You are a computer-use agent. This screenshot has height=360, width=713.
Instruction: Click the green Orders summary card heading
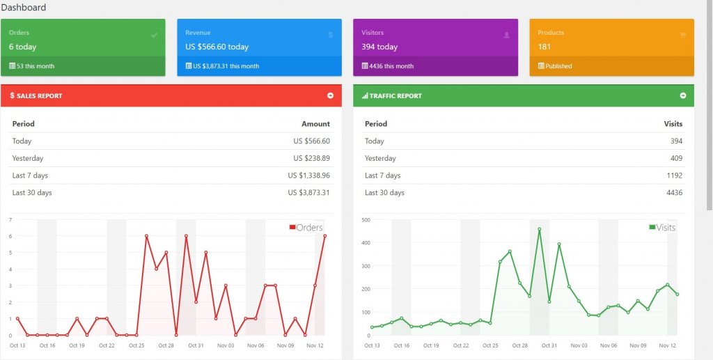coord(19,33)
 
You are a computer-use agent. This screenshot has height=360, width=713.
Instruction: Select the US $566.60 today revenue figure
coord(217,47)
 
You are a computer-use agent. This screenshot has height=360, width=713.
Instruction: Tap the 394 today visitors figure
coord(379,47)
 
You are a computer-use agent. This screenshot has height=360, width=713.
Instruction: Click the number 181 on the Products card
coord(544,47)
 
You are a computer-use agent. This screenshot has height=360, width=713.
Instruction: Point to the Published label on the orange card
coord(558,66)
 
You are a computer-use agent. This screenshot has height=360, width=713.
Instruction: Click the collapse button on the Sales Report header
coord(331,95)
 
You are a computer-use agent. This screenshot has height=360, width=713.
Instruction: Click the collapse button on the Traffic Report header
coord(683,95)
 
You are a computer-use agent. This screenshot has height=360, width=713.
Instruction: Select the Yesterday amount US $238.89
coord(311,158)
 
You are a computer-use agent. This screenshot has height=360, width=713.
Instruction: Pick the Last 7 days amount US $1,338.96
coord(308,175)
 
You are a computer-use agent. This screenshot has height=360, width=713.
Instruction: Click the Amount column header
coord(315,124)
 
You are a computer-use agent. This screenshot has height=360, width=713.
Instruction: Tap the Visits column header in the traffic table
coord(673,124)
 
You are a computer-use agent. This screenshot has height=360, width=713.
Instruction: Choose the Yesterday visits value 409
coord(676,158)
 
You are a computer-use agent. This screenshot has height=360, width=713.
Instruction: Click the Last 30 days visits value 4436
coord(674,193)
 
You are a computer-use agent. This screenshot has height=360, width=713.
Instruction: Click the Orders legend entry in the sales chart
coord(306,227)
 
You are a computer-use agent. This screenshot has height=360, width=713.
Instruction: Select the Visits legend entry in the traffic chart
coord(662,227)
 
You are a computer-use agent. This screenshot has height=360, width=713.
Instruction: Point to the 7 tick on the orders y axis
coord(10,219)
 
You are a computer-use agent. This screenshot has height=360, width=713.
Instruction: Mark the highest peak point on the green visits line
coord(540,230)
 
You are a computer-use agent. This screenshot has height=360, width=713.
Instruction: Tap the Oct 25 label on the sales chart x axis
coord(136,345)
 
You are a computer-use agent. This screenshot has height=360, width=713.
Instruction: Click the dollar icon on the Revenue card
coord(331,35)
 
